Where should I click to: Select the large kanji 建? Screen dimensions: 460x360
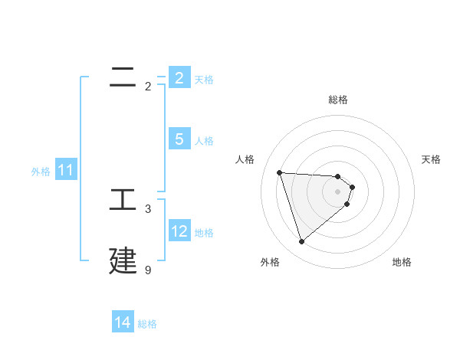pos(123,260)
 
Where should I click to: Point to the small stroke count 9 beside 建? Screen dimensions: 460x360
pos(148,270)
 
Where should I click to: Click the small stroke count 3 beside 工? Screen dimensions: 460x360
pos(148,209)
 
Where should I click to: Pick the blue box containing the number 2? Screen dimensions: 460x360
pos(179,77)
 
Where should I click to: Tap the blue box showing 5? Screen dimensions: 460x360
pos(179,139)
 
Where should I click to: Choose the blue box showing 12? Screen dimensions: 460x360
pos(179,231)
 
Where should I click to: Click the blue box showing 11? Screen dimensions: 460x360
pos(65,170)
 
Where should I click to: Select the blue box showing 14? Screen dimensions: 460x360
pos(122,322)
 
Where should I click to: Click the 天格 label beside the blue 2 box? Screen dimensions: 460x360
pos(204,79)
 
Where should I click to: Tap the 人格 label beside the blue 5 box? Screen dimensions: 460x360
pos(204,140)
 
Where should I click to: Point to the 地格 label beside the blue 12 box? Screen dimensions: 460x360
pos(204,232)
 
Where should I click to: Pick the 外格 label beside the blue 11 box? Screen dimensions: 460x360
pos(41,172)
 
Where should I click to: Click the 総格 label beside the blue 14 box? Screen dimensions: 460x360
pos(147,324)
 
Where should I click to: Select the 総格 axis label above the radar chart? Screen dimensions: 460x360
pos(338,100)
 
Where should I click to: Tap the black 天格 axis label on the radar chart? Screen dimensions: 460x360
pos(431,159)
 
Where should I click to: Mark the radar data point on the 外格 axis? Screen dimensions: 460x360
pos(301,242)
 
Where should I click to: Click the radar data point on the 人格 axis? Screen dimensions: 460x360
pos(279,172)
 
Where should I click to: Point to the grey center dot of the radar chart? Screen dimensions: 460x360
pos(338,191)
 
